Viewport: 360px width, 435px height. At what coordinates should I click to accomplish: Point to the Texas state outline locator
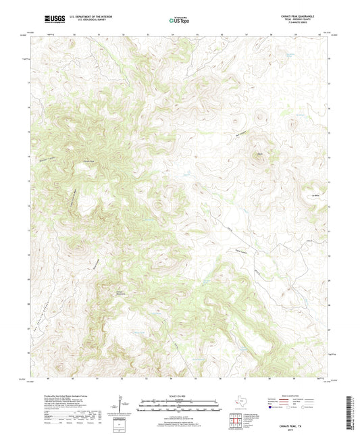pyautogui.click(x=238, y=405)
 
